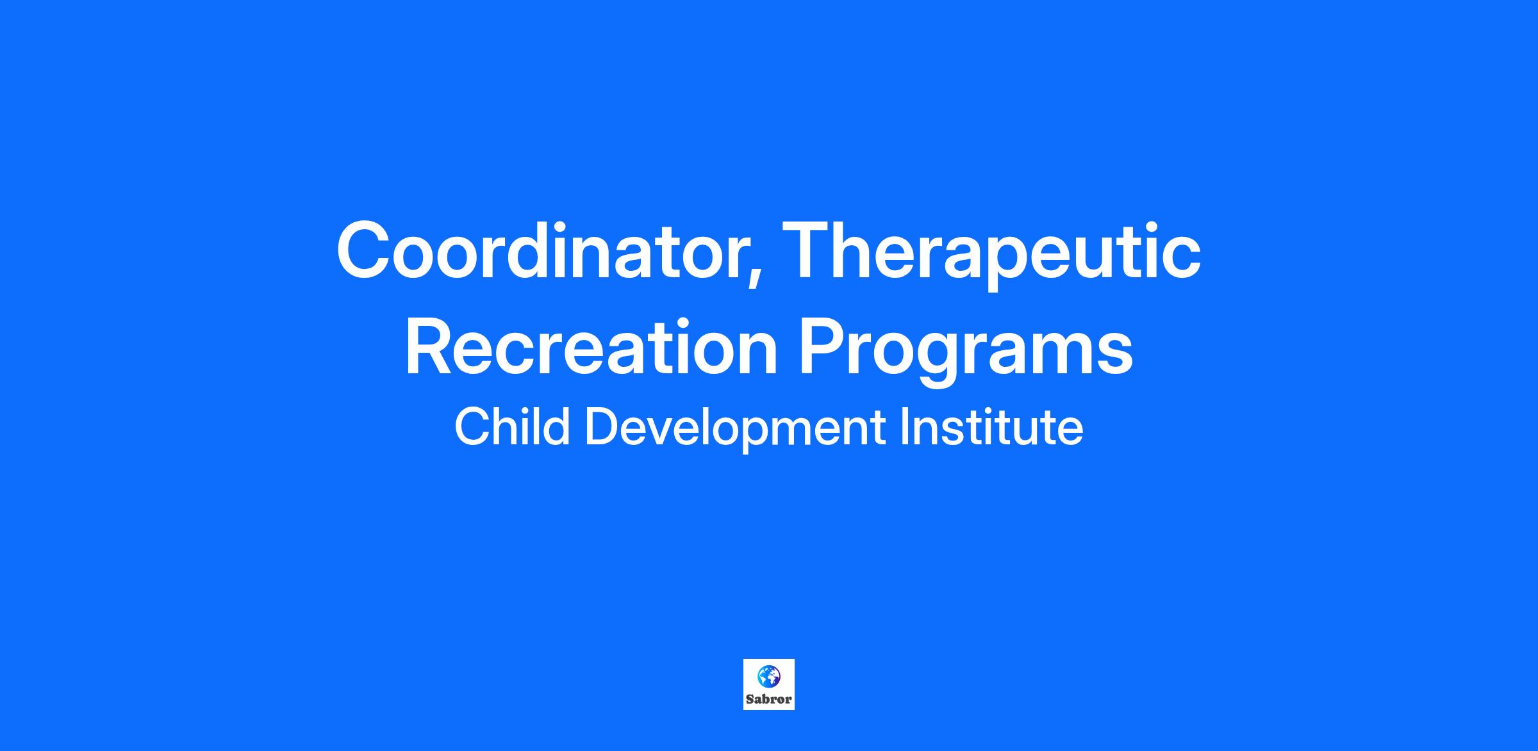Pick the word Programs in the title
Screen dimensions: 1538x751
click(965, 352)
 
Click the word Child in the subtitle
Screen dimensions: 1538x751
click(512, 427)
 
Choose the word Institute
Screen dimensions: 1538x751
click(991, 427)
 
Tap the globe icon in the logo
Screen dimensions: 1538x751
click(768, 675)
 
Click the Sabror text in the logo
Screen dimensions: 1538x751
click(768, 699)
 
